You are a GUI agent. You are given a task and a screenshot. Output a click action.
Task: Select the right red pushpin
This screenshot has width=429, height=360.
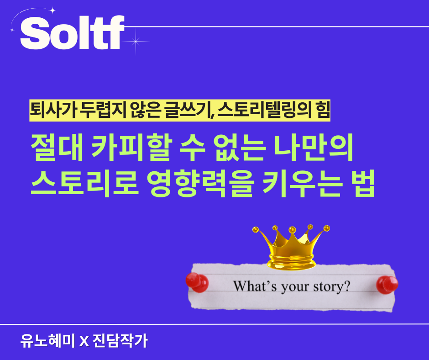click(387, 284)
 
